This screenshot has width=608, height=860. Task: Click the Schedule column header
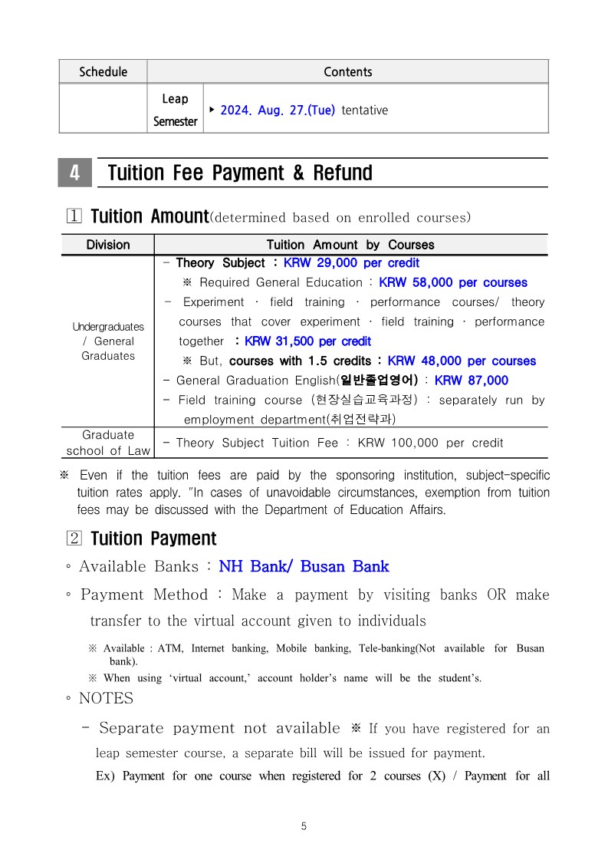point(103,71)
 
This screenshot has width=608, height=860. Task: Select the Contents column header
point(347,71)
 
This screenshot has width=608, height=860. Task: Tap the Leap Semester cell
point(175,110)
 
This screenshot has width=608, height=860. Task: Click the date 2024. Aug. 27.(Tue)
point(278,110)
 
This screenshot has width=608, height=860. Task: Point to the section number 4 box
point(74,173)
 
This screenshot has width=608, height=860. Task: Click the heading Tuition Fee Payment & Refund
point(240,173)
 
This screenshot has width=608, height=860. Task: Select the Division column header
point(107,245)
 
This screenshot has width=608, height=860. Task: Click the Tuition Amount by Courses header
point(350,245)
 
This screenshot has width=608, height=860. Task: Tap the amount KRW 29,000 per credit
point(351,262)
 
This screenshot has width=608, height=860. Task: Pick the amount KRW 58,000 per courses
point(453,282)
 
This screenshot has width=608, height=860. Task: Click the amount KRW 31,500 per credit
point(307,341)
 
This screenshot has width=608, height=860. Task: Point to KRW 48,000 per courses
point(462,361)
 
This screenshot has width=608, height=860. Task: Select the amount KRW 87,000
point(471,381)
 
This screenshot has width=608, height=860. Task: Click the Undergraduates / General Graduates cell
point(107,341)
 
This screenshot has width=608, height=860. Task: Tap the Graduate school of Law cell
point(107,443)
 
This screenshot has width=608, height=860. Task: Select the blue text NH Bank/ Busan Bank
point(304,567)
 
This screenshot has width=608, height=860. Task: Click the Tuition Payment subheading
point(153,539)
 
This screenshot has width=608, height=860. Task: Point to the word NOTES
point(106,698)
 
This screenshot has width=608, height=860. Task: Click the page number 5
point(304,826)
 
